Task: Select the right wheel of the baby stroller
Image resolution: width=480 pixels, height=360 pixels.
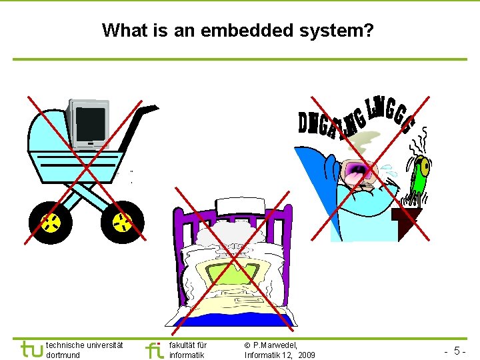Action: tap(122, 222)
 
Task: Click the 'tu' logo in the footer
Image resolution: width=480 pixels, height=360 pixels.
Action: tap(31, 349)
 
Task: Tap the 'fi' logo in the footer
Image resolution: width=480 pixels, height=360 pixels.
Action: tap(154, 349)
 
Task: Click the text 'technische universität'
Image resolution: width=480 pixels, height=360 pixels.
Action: tap(84, 345)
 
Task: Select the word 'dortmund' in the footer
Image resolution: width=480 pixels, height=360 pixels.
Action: tap(63, 355)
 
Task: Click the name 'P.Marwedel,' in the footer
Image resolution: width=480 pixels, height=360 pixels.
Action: tap(275, 345)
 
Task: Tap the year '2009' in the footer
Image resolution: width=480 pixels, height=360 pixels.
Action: tap(306, 355)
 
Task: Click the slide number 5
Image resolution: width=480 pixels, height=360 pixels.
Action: tap(456, 350)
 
